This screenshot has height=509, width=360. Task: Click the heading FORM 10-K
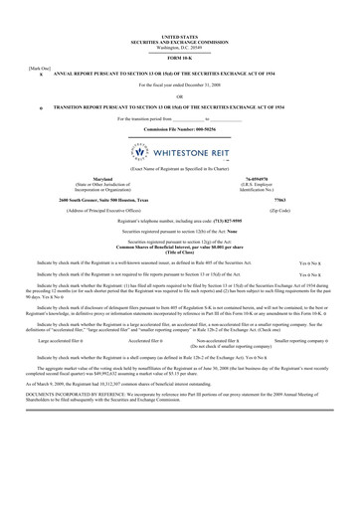(x=179, y=56)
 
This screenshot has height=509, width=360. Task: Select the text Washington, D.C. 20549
(x=179, y=46)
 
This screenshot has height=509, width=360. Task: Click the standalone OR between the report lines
(x=179, y=95)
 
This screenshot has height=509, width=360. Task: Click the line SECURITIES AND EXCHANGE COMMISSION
(x=179, y=41)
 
